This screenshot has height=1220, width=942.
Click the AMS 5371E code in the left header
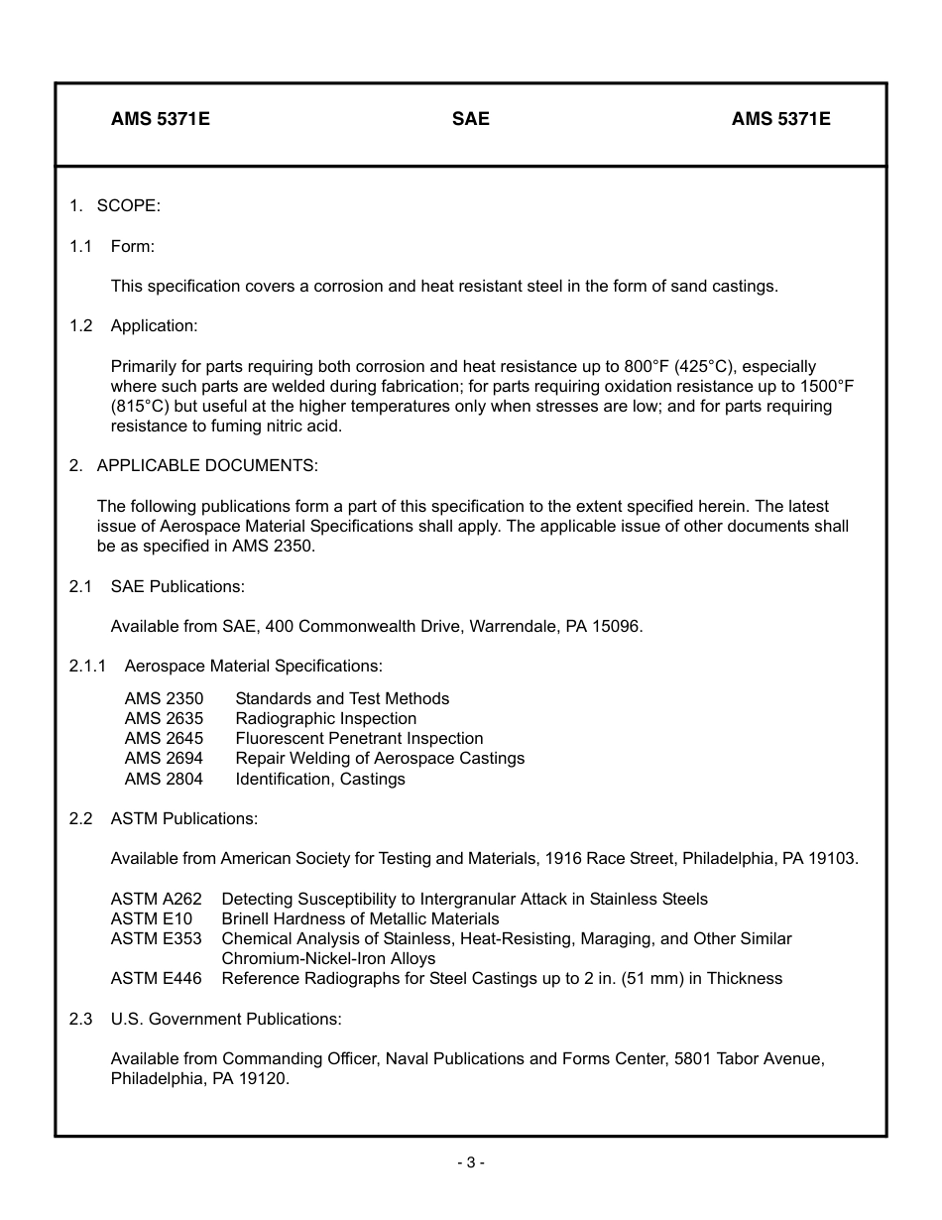click(160, 119)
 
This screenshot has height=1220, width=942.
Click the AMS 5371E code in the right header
click(780, 119)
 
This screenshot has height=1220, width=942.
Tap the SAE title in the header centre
click(470, 119)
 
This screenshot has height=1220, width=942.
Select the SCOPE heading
click(128, 205)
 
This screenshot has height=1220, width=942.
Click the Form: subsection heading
click(132, 246)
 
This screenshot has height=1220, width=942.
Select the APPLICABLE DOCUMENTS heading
click(207, 465)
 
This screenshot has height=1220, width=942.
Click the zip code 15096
click(618, 626)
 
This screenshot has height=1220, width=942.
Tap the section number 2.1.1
click(88, 666)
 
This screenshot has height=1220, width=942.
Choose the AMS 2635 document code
click(164, 718)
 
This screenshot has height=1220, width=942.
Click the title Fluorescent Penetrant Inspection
click(359, 738)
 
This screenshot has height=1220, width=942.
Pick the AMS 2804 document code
click(164, 779)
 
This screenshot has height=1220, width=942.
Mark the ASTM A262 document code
click(156, 899)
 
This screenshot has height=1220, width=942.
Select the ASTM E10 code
click(151, 918)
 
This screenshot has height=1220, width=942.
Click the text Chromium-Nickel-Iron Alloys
click(328, 958)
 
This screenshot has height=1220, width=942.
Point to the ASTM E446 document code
click(156, 978)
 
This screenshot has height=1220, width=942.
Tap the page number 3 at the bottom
click(471, 1162)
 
